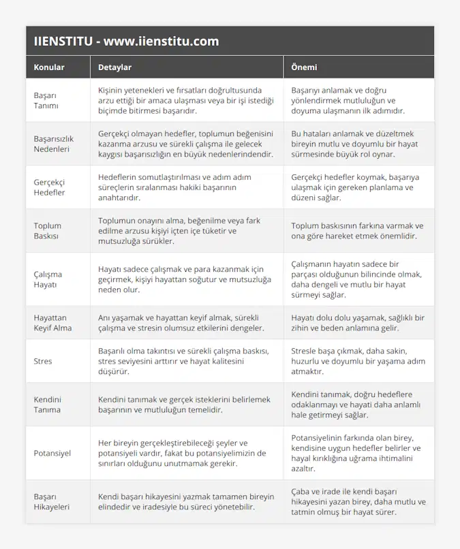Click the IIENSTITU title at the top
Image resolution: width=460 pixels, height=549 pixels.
[x=126, y=41]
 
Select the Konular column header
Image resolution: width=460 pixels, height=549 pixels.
[x=49, y=67]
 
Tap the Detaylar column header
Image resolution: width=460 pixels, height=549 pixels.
[x=115, y=67]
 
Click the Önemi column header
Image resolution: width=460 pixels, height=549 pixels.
[x=304, y=67]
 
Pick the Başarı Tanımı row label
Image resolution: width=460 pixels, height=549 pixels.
[x=46, y=100]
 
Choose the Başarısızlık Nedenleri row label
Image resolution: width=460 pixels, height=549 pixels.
[x=54, y=144]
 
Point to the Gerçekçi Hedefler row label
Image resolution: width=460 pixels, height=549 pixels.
[x=50, y=187]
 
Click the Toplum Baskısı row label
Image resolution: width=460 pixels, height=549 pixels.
[x=48, y=231]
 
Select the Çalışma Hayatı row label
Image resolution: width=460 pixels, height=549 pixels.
[x=48, y=279]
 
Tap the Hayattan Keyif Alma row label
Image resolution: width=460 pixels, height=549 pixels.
[x=52, y=323]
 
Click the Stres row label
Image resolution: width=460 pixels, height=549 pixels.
[x=43, y=361]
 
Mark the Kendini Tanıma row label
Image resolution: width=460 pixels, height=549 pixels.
[x=48, y=405]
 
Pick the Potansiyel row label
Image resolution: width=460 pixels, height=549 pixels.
[x=52, y=453]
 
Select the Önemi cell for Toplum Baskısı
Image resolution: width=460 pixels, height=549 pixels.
[x=356, y=231]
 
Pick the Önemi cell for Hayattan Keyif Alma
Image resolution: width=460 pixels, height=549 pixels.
[x=358, y=323]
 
